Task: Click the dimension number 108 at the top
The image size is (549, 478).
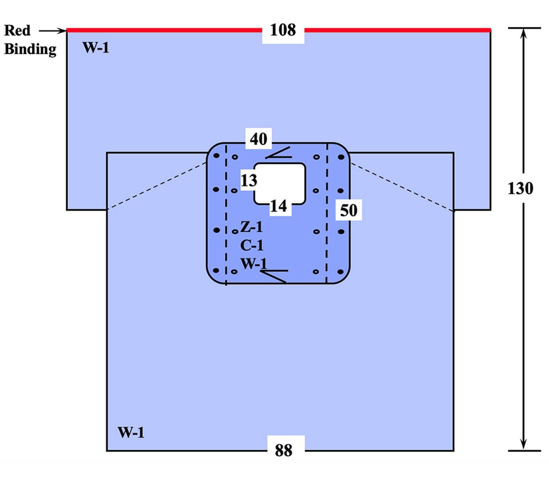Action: tap(283, 30)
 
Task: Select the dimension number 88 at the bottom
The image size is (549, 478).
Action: tap(284, 450)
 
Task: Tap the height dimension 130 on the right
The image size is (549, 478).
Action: tap(520, 188)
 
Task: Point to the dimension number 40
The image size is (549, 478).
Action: tap(258, 139)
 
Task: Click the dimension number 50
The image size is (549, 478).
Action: tap(348, 210)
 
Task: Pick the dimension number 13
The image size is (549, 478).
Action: tap(249, 180)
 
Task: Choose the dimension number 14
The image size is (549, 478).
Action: tap(278, 207)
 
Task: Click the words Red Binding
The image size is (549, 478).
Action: tap(30, 40)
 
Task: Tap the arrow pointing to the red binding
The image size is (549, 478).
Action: tap(53, 31)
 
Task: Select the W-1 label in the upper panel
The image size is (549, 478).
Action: tap(96, 48)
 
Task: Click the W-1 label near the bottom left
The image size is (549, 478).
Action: tap(131, 433)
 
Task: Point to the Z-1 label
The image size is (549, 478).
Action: tap(252, 227)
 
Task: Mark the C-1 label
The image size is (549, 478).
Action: tap(252, 245)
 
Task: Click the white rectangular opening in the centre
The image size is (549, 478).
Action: tap(280, 183)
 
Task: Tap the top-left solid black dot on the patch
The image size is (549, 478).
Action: tap(216, 156)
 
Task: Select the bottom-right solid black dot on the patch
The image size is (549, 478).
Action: tap(340, 271)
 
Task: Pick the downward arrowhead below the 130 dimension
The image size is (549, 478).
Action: tap(524, 445)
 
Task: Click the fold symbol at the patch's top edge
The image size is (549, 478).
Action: tap(278, 153)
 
